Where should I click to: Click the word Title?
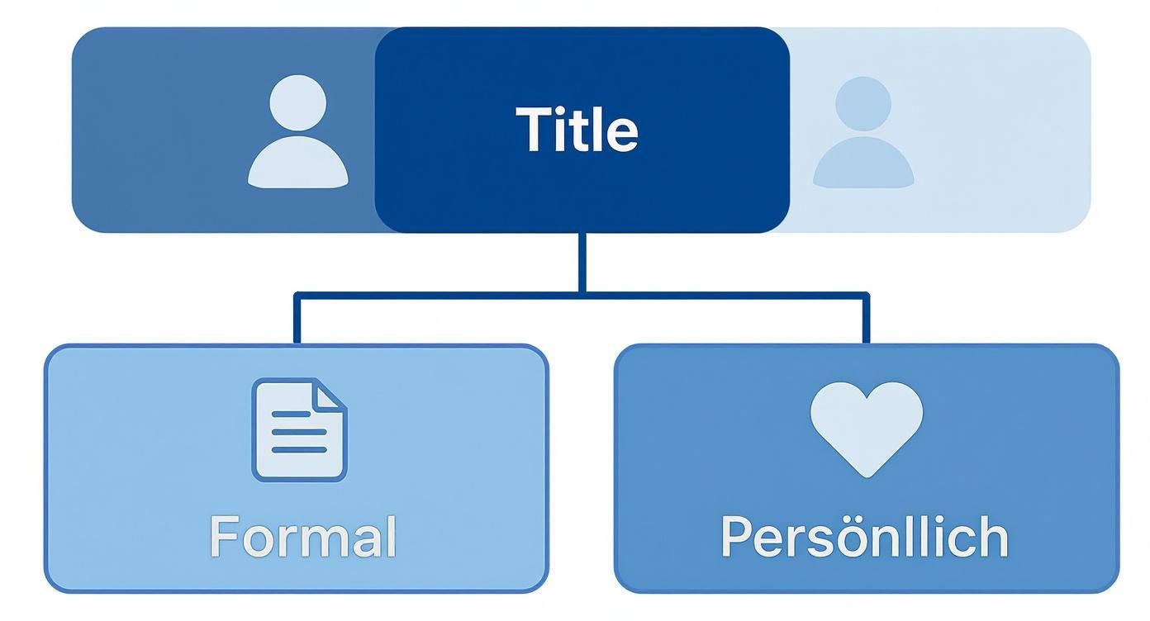pyautogui.click(x=577, y=130)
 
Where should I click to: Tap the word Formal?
pyautogui.click(x=303, y=536)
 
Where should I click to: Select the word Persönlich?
pyautogui.click(x=864, y=537)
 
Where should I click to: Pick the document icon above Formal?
pyautogui.click(x=299, y=429)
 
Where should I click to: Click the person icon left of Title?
pyautogui.click(x=298, y=132)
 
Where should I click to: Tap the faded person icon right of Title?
pyautogui.click(x=863, y=132)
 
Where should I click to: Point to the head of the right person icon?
pyautogui.click(x=863, y=104)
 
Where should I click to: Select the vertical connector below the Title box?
pyautogui.click(x=582, y=262)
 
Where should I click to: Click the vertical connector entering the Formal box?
pyautogui.click(x=296, y=320)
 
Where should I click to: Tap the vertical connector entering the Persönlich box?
pyautogui.click(x=865, y=320)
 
